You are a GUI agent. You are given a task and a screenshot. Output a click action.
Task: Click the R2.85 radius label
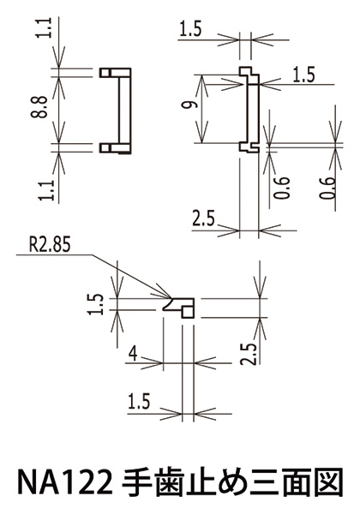[50, 244]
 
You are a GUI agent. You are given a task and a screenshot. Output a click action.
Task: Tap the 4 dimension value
[133, 354]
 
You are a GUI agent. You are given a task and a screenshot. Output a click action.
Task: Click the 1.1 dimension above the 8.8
[45, 28]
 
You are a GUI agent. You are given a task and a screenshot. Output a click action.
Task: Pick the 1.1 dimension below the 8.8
[45, 190]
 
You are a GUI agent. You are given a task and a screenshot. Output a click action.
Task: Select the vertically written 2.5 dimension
[249, 354]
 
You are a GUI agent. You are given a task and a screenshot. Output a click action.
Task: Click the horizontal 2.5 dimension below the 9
[203, 218]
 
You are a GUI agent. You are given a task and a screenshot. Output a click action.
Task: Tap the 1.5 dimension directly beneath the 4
[139, 402]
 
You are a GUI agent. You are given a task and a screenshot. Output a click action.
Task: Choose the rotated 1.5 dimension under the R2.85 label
[96, 304]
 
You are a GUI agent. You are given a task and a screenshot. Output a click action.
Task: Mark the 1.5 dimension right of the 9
[303, 75]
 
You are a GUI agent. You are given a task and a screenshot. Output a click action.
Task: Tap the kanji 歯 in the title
[167, 482]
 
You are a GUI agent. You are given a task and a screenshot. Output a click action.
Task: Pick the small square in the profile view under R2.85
[188, 312]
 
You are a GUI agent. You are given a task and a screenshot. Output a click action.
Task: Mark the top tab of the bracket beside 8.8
[115, 73]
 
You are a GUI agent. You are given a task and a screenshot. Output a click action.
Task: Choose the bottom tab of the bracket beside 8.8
[115, 148]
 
